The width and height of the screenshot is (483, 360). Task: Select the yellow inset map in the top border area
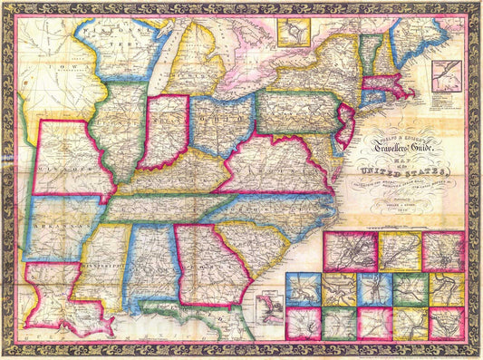[x=293, y=34]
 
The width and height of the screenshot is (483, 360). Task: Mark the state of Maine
[x=440, y=32]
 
